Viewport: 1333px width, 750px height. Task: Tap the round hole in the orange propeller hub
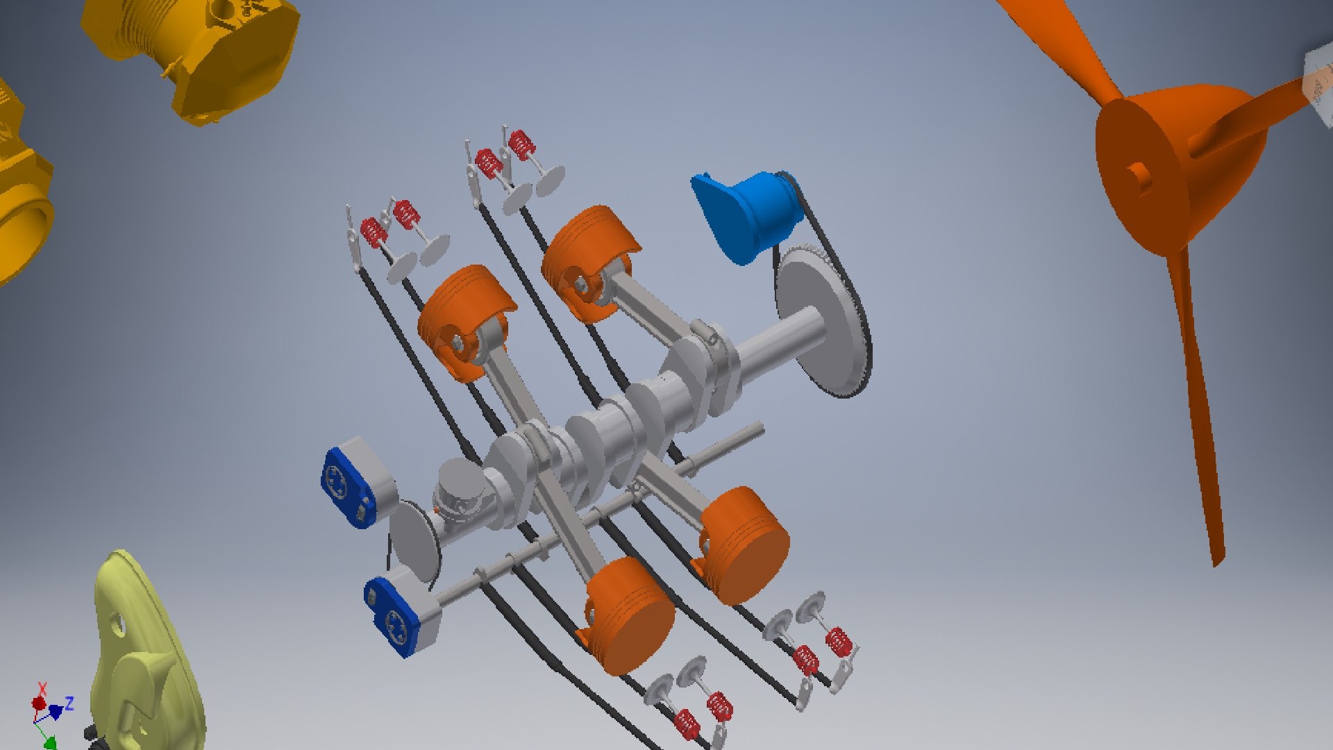click(1137, 174)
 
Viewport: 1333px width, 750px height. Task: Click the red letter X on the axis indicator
click(42, 688)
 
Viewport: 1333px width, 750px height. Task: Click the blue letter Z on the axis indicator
click(69, 703)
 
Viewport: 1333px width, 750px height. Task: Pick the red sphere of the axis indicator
click(39, 704)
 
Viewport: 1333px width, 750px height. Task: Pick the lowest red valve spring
click(686, 724)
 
